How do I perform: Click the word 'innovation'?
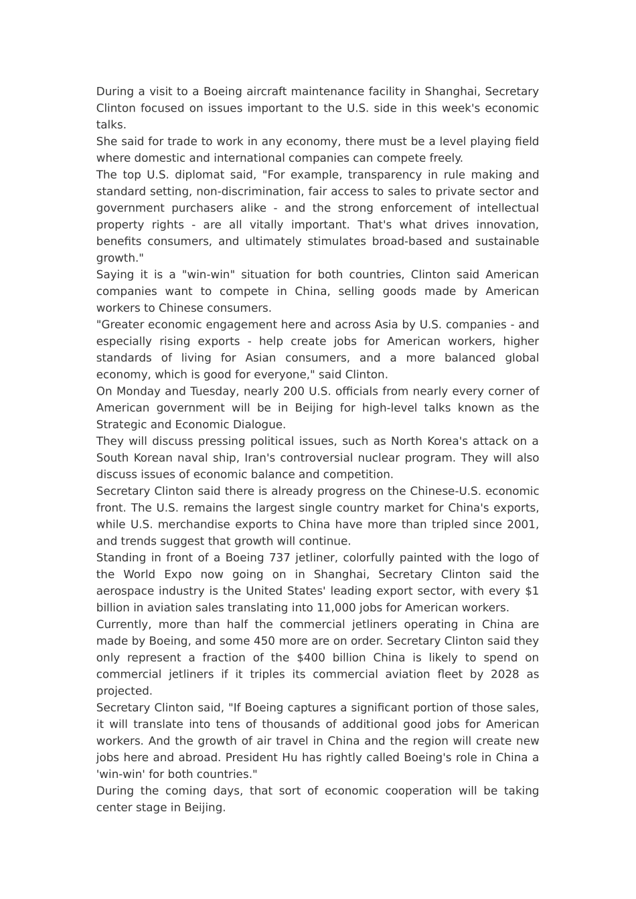point(507,225)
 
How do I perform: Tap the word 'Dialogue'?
point(257,425)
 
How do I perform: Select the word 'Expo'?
point(177,575)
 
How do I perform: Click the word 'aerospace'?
point(123,591)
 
